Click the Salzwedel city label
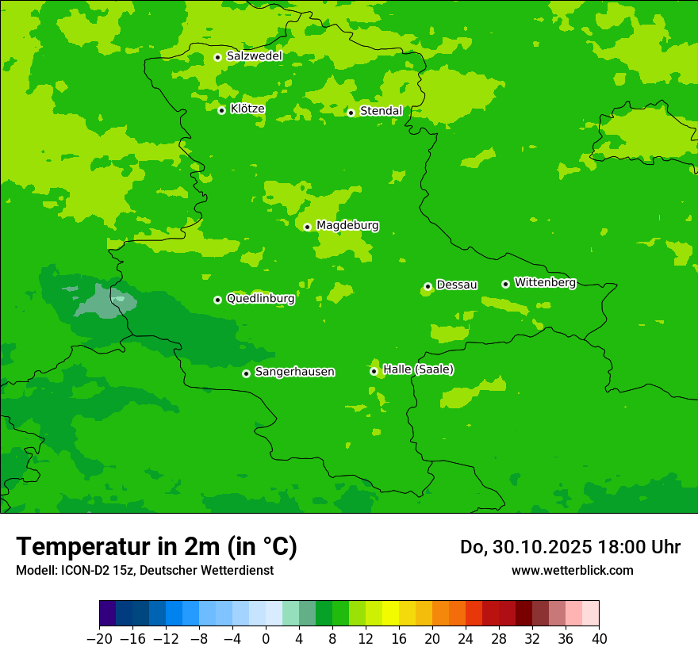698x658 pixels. [254, 56]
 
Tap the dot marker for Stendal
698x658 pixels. [351, 113]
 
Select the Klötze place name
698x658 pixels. [247, 109]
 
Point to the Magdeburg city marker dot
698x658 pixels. [307, 227]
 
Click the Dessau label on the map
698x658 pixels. [457, 285]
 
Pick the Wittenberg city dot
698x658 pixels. [505, 284]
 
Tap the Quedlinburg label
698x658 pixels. [260, 299]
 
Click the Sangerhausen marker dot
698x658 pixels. [246, 373]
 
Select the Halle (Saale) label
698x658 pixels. [418, 369]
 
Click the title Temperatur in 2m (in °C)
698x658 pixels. [156, 546]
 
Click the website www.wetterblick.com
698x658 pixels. [572, 570]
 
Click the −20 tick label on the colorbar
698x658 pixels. [99, 638]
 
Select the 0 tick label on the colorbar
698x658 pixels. [266, 638]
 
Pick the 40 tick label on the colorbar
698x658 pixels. [599, 638]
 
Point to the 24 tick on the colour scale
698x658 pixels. [466, 638]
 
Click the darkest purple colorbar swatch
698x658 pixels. [108, 614]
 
